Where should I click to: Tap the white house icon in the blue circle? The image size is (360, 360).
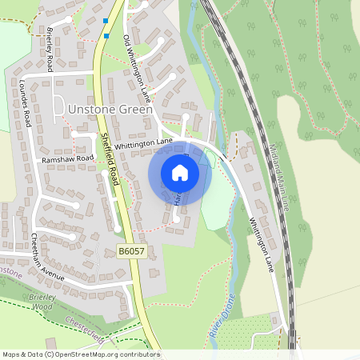(x=180, y=172)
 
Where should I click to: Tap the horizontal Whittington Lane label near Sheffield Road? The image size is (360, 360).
(x=143, y=143)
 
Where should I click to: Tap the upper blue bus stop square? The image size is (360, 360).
(x=106, y=21)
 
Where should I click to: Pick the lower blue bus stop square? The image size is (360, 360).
(x=106, y=35)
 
